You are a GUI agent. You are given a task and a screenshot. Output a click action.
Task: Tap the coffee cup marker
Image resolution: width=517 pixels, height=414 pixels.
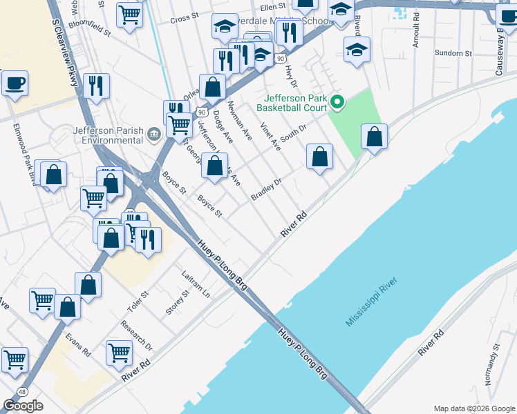point(15,83)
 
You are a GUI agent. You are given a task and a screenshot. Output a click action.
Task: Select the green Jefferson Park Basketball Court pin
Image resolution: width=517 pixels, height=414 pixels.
point(337,103)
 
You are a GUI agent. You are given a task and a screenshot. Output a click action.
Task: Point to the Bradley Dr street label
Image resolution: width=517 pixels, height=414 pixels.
point(267,190)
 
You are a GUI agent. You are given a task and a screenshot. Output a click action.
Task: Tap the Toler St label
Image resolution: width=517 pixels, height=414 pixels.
point(138,301)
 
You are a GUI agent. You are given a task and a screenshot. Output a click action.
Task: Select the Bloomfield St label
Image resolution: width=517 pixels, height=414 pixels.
point(90,32)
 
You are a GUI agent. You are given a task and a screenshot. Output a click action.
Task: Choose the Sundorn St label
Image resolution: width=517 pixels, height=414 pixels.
point(453,52)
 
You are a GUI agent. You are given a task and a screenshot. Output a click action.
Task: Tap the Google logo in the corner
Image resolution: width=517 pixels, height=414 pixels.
point(23,406)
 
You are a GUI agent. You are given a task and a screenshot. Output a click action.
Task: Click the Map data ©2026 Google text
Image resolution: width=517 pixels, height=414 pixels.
point(473,408)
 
